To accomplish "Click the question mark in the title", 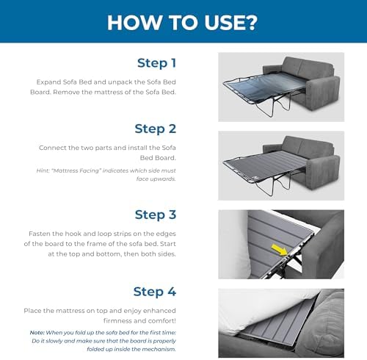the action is coord(250,23).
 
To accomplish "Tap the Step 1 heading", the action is coord(156,63).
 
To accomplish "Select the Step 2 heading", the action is coord(156,129).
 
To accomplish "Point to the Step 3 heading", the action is coord(156,215).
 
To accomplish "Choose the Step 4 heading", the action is coord(155,292).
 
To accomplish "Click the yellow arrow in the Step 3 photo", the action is coord(280,250).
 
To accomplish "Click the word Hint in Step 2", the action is coord(43,170).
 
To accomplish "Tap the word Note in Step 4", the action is coord(37,333).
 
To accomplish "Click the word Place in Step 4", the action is coord(32,311).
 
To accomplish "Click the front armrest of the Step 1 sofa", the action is coord(323,93).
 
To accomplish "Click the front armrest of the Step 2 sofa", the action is coord(323,172).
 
